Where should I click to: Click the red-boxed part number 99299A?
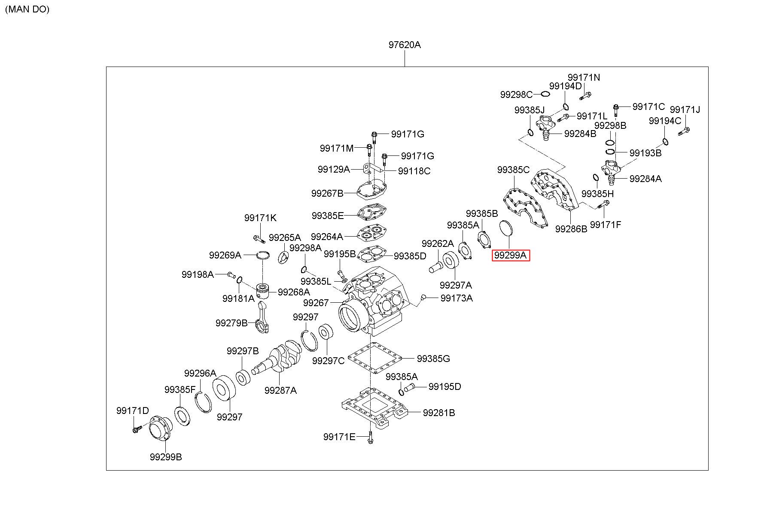(511, 255)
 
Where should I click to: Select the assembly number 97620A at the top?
(405, 45)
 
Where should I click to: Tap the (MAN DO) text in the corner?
(27, 9)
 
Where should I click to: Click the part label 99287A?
(280, 390)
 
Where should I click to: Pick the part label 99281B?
(439, 413)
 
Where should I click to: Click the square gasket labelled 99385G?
(374, 358)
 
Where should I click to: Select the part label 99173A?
(457, 298)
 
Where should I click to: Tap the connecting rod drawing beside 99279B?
(262, 317)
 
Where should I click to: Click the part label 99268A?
(294, 292)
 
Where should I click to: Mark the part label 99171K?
(261, 218)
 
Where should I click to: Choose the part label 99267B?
(327, 193)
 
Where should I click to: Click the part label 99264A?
(327, 237)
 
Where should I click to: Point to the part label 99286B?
(571, 229)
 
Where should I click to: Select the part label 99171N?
(584, 77)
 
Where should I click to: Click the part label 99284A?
(645, 179)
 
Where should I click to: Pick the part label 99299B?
(166, 457)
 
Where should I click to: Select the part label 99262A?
(438, 244)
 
